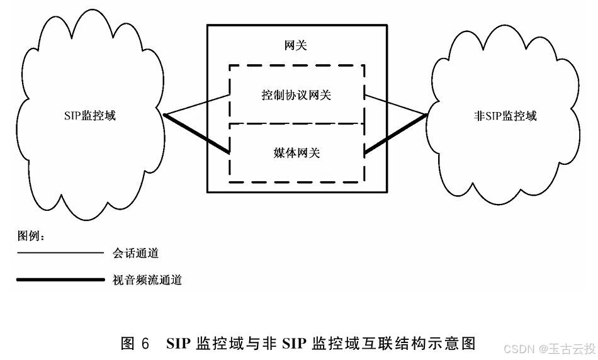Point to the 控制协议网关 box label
pos(296,95)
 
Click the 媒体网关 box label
pos(296,152)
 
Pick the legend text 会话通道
pos(135,253)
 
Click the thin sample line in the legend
pos(60,253)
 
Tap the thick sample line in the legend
pos(60,279)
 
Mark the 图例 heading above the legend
pos(30,236)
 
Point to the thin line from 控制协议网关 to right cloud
pos(397,105)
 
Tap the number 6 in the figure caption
pos(145,344)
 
